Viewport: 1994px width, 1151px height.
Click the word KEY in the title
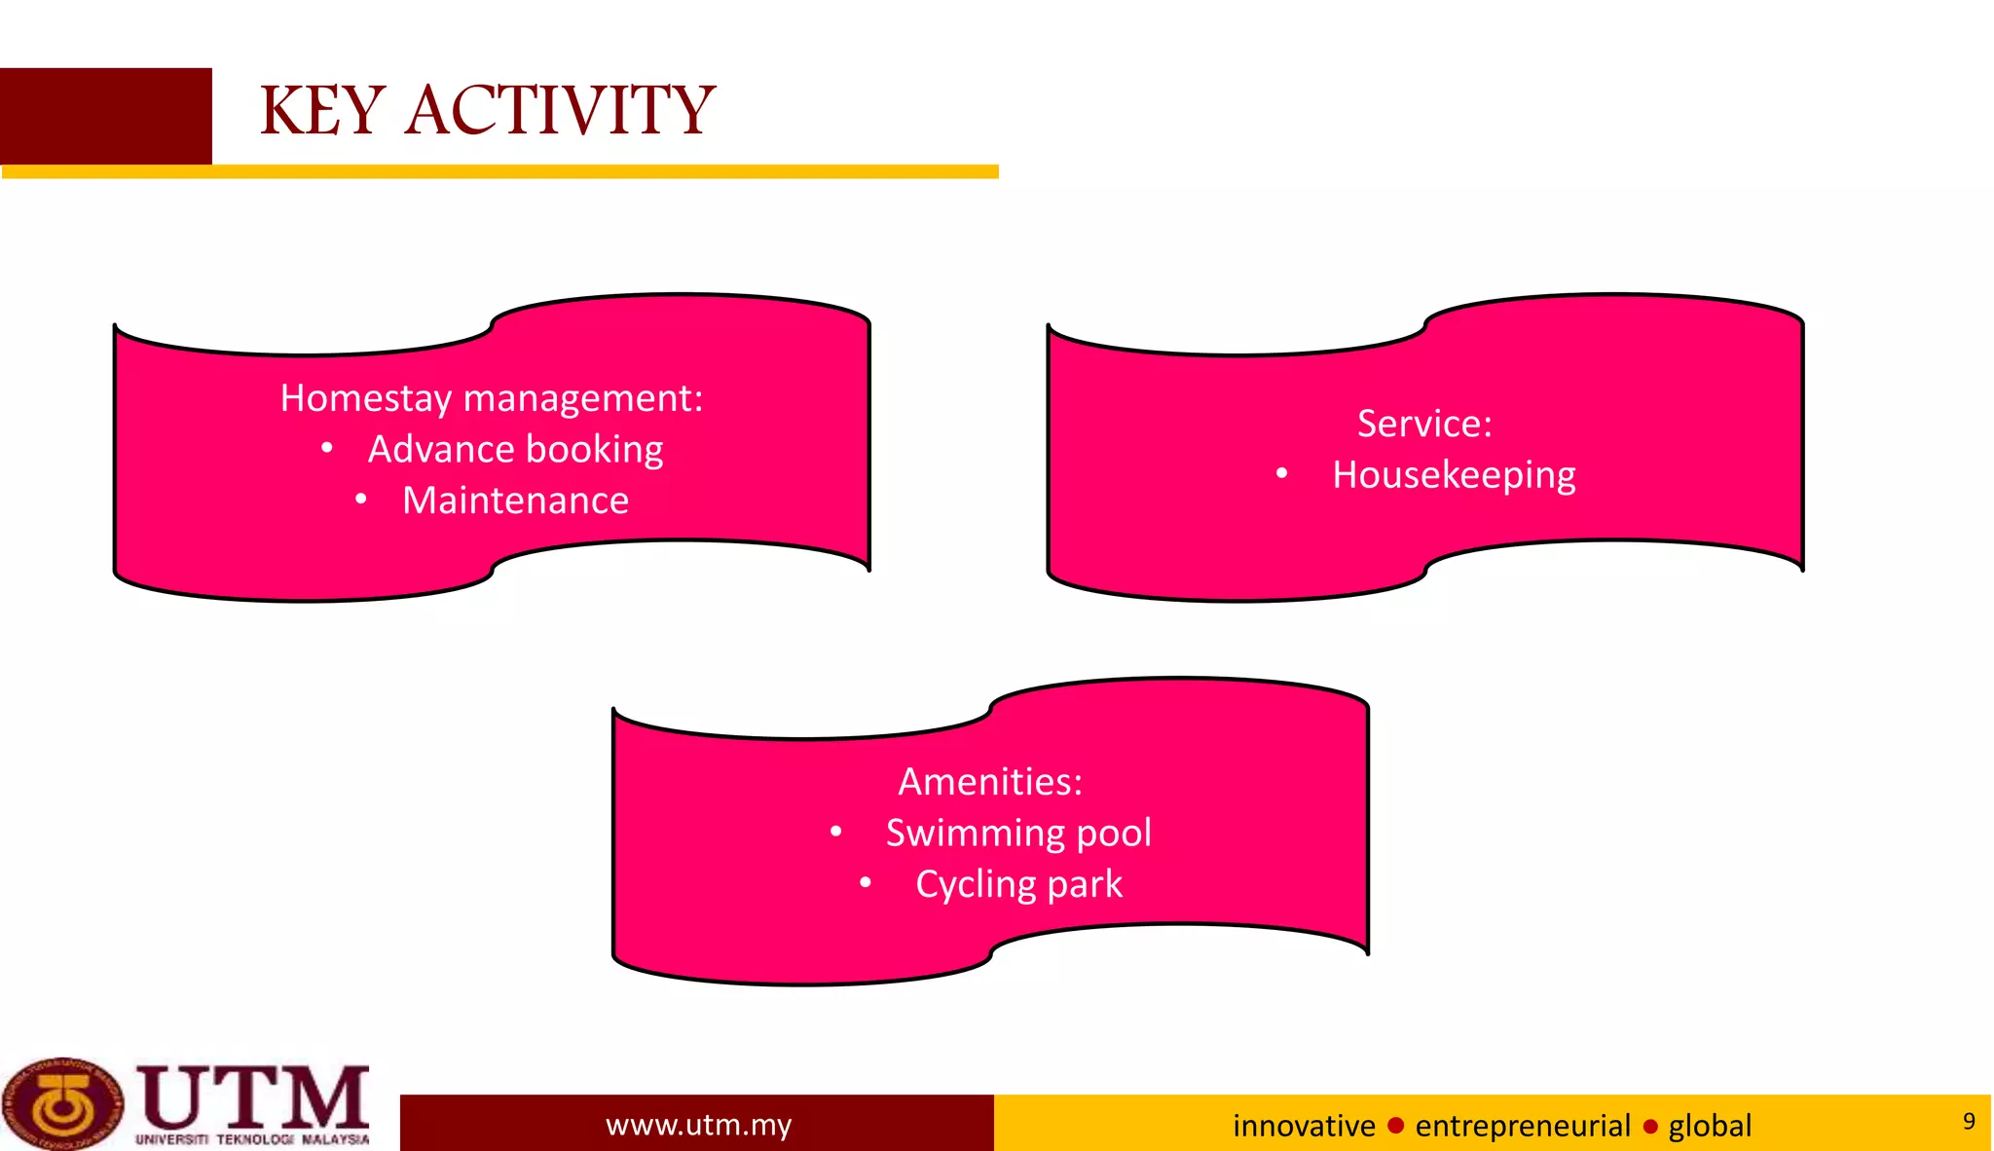(322, 110)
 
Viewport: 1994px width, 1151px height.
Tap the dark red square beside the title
(105, 116)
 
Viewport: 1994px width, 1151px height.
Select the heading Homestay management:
(492, 398)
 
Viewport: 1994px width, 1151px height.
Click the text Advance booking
(515, 450)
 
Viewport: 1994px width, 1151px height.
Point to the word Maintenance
(515, 501)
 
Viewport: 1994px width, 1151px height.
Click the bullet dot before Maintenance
(361, 501)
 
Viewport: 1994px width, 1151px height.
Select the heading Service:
(1424, 424)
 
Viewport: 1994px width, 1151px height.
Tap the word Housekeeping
(1454, 475)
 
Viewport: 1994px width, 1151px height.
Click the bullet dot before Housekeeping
(1282, 474)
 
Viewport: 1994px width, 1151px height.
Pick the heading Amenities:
(990, 782)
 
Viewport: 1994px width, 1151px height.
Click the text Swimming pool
(1018, 834)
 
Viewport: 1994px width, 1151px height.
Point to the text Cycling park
(1018, 884)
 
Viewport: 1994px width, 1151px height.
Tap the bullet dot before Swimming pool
(836, 833)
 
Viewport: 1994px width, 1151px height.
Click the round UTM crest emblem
(62, 1104)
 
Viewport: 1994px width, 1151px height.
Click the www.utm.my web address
(698, 1125)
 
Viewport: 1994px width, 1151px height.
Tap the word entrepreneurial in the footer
(1522, 1126)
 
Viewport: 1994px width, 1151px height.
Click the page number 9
(1969, 1121)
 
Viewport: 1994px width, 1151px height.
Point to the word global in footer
(1710, 1126)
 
